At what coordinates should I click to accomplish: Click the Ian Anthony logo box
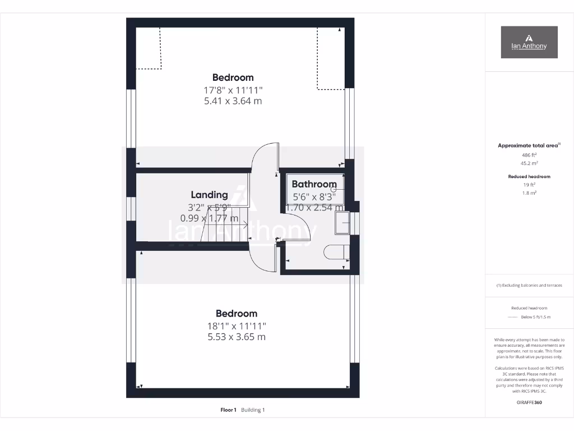point(529,42)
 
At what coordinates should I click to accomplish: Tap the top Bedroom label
point(233,77)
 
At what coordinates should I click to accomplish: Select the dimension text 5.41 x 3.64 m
point(233,102)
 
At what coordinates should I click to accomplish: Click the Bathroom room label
point(314,184)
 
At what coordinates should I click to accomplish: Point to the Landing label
point(209,195)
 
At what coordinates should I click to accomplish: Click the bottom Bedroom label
point(237,314)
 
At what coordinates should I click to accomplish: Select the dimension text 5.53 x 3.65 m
point(237,337)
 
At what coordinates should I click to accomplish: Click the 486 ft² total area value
point(529,154)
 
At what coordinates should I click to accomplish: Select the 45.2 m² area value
point(529,163)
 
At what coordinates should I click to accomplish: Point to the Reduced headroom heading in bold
point(529,177)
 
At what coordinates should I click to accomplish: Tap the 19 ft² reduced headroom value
point(529,185)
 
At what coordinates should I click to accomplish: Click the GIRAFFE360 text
point(529,402)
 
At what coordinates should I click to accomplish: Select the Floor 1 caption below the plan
point(228,410)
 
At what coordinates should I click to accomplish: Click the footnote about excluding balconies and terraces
point(529,285)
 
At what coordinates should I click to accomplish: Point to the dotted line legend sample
point(512,317)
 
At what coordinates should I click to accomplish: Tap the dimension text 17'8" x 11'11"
point(233,90)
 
